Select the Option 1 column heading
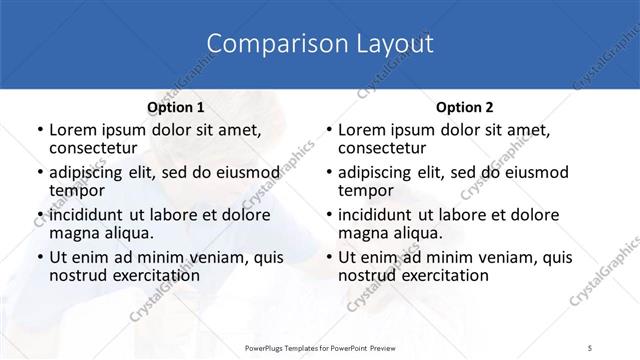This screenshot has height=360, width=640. pyautogui.click(x=176, y=107)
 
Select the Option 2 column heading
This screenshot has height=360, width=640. pyautogui.click(x=465, y=107)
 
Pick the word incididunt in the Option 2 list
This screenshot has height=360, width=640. pyautogui.click(x=374, y=215)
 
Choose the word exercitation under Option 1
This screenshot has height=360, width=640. pyautogui.click(x=155, y=275)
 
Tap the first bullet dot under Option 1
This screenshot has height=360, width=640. pyautogui.click(x=39, y=131)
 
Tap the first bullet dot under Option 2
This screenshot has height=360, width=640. pyautogui.click(x=328, y=131)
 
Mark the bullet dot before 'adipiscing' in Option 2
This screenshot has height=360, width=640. pyautogui.click(x=328, y=173)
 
